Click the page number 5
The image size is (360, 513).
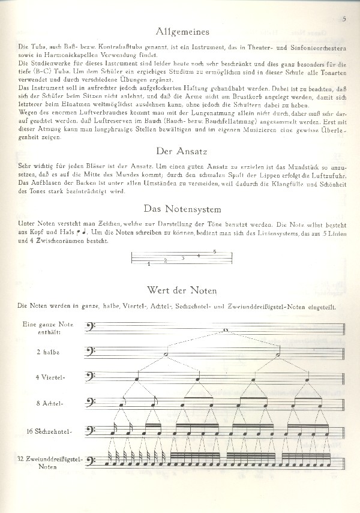point(344,19)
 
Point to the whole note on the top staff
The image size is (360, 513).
point(224,330)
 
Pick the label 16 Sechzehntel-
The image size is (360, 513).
point(53,431)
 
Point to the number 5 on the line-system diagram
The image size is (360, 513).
point(214,251)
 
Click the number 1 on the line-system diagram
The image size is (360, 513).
point(148,263)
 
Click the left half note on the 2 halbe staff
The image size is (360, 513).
point(166,355)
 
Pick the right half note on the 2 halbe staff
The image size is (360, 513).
point(279,355)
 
